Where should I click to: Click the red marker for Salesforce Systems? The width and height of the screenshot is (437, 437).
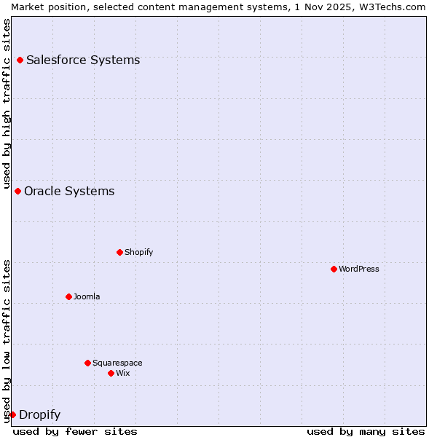coord(20,60)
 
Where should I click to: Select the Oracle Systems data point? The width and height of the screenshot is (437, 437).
coord(17,191)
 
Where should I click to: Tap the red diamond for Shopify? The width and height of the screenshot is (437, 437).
coord(119,252)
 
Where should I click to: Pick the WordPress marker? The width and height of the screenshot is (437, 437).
coord(334,269)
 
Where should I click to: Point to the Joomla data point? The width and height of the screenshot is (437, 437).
coord(68,296)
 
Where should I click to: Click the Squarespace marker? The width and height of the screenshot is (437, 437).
coord(87,363)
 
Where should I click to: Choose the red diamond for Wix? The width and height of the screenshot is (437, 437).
coord(111,373)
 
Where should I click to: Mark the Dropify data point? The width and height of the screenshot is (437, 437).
coord(12,414)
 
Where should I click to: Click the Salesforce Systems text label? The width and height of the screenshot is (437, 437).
coord(83,60)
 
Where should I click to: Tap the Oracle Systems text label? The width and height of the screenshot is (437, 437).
coord(69,191)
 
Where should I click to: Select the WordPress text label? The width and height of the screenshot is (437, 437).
coord(359,269)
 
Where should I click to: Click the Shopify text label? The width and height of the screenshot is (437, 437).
coord(139,252)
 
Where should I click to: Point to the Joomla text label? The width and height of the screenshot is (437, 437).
coord(87,296)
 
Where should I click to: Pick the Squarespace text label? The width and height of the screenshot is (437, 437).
coord(117,363)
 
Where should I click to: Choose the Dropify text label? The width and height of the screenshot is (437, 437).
coord(39,415)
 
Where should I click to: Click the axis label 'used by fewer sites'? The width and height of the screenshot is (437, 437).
coord(75,431)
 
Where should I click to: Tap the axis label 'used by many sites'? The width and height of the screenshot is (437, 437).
coord(366,431)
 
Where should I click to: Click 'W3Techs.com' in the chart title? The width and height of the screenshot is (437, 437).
coord(393,7)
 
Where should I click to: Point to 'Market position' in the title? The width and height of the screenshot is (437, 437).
coord(45,7)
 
